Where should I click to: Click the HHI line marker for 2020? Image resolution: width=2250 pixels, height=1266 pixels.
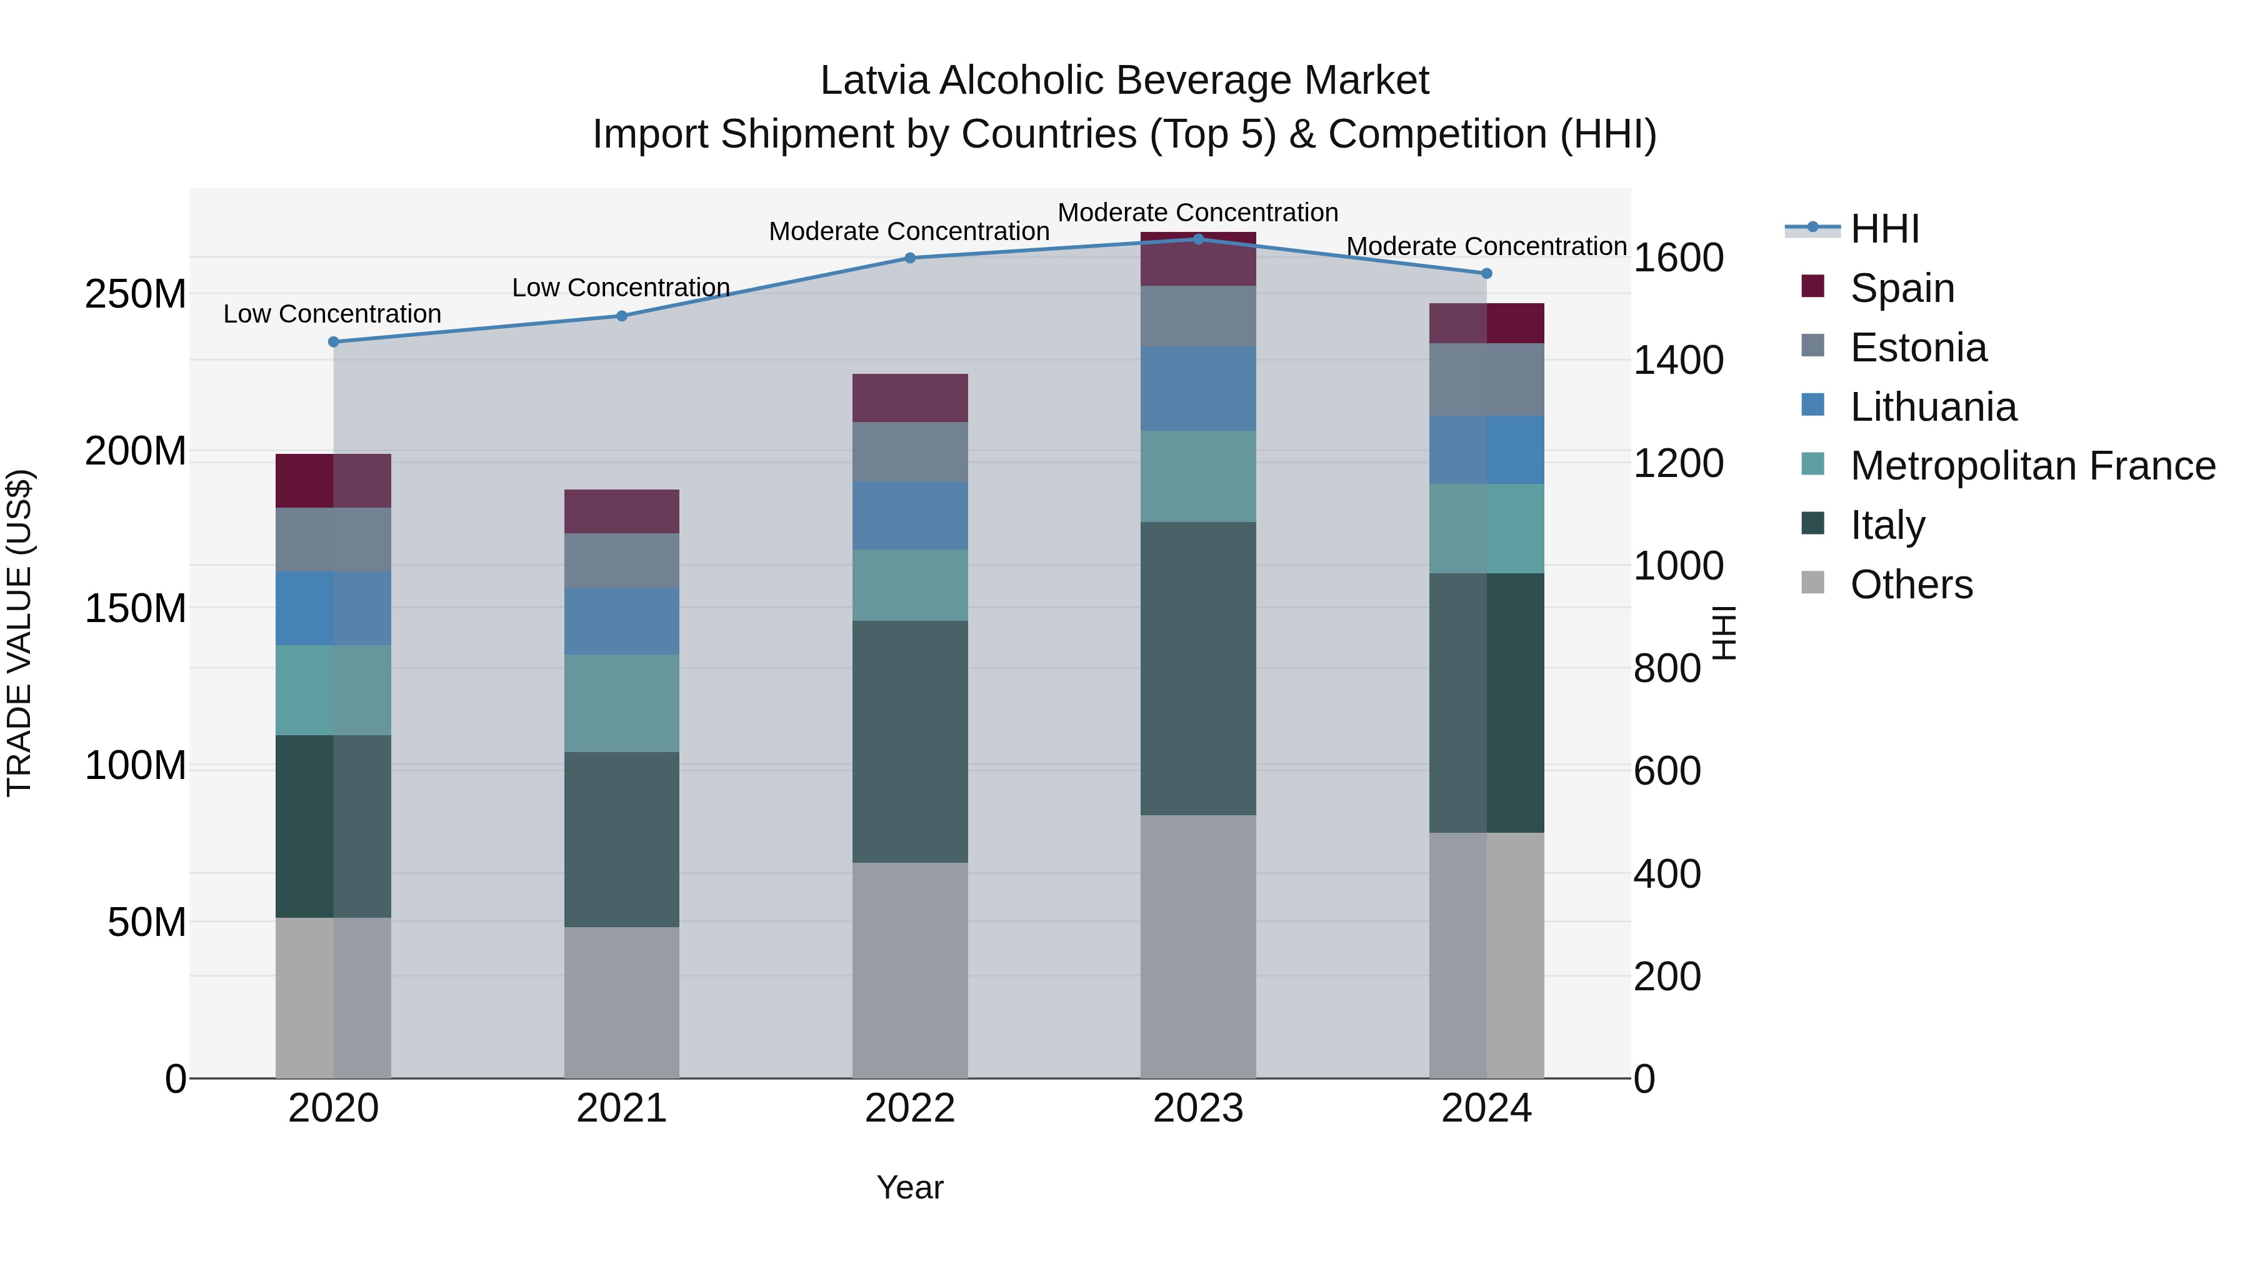tap(334, 341)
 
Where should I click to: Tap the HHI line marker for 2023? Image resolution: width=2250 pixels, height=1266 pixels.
tap(1198, 239)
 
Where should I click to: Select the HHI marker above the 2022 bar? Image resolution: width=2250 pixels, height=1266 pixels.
tap(910, 258)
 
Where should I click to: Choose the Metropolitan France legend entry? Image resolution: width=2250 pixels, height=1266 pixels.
tap(2032, 466)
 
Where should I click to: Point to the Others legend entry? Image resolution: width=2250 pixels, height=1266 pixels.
tap(1911, 585)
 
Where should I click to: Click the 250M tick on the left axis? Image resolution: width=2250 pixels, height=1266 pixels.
tap(136, 294)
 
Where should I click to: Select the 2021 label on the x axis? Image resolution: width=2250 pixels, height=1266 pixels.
tap(621, 1108)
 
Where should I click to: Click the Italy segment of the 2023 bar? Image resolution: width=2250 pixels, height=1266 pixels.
tap(1198, 668)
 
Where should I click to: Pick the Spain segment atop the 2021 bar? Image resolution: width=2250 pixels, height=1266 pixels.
tap(621, 511)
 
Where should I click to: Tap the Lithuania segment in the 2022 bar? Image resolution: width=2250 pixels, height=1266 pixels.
tap(910, 516)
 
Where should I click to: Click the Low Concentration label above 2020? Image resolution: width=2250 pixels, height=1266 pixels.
tap(332, 314)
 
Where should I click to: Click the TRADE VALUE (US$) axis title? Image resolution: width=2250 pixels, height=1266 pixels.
tap(19, 633)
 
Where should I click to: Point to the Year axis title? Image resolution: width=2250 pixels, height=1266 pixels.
tap(910, 1187)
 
